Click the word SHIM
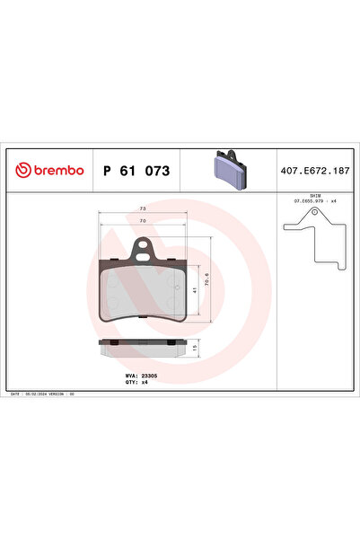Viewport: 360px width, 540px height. (x=313, y=194)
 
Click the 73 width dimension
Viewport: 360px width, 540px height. (x=143, y=208)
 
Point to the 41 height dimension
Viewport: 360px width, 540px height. (x=196, y=289)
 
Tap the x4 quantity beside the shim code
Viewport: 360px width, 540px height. (x=333, y=200)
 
